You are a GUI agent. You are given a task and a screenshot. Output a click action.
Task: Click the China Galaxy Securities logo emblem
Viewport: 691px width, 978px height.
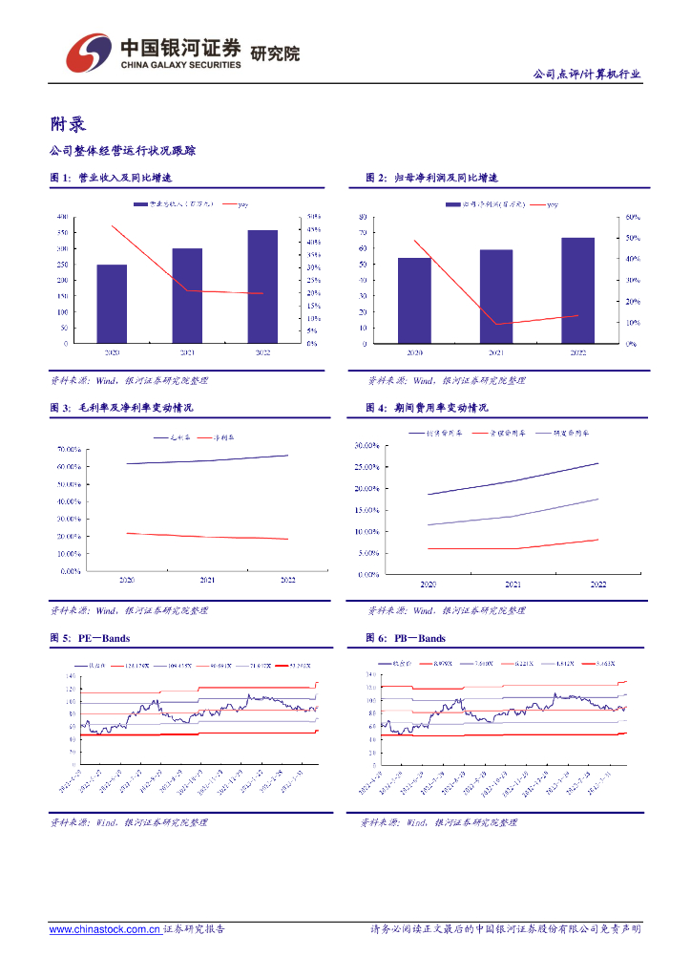[x=89, y=53]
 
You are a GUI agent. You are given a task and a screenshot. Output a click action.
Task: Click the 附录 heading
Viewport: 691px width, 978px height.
[x=69, y=123]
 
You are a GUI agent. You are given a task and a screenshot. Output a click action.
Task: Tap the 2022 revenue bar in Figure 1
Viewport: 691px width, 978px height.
[x=262, y=286]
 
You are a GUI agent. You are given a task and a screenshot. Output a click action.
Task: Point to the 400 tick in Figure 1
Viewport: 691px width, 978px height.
[x=62, y=217]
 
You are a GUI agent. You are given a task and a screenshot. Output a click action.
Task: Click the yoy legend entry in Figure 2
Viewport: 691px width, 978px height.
[x=545, y=204]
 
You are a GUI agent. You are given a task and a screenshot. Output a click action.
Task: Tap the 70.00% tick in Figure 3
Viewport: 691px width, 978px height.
[x=68, y=449]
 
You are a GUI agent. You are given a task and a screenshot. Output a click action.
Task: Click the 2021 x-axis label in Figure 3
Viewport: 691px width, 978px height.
[x=207, y=580]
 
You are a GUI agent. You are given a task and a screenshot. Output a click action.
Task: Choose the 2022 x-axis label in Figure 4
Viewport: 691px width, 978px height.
[x=598, y=584]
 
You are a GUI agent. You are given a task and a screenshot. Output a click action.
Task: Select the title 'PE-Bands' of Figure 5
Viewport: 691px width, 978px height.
[x=103, y=638]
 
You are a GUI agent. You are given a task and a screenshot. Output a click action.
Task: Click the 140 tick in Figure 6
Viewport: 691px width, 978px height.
[x=371, y=675]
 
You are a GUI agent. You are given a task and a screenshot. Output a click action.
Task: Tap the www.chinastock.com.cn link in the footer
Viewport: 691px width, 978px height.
[x=104, y=929]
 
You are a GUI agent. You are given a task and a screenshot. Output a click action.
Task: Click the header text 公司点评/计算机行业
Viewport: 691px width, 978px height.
[x=586, y=74]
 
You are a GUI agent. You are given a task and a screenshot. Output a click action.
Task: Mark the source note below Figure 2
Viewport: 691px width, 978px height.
[x=447, y=380]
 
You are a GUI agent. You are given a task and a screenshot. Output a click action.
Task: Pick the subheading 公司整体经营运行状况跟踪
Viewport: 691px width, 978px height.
[x=122, y=151]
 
